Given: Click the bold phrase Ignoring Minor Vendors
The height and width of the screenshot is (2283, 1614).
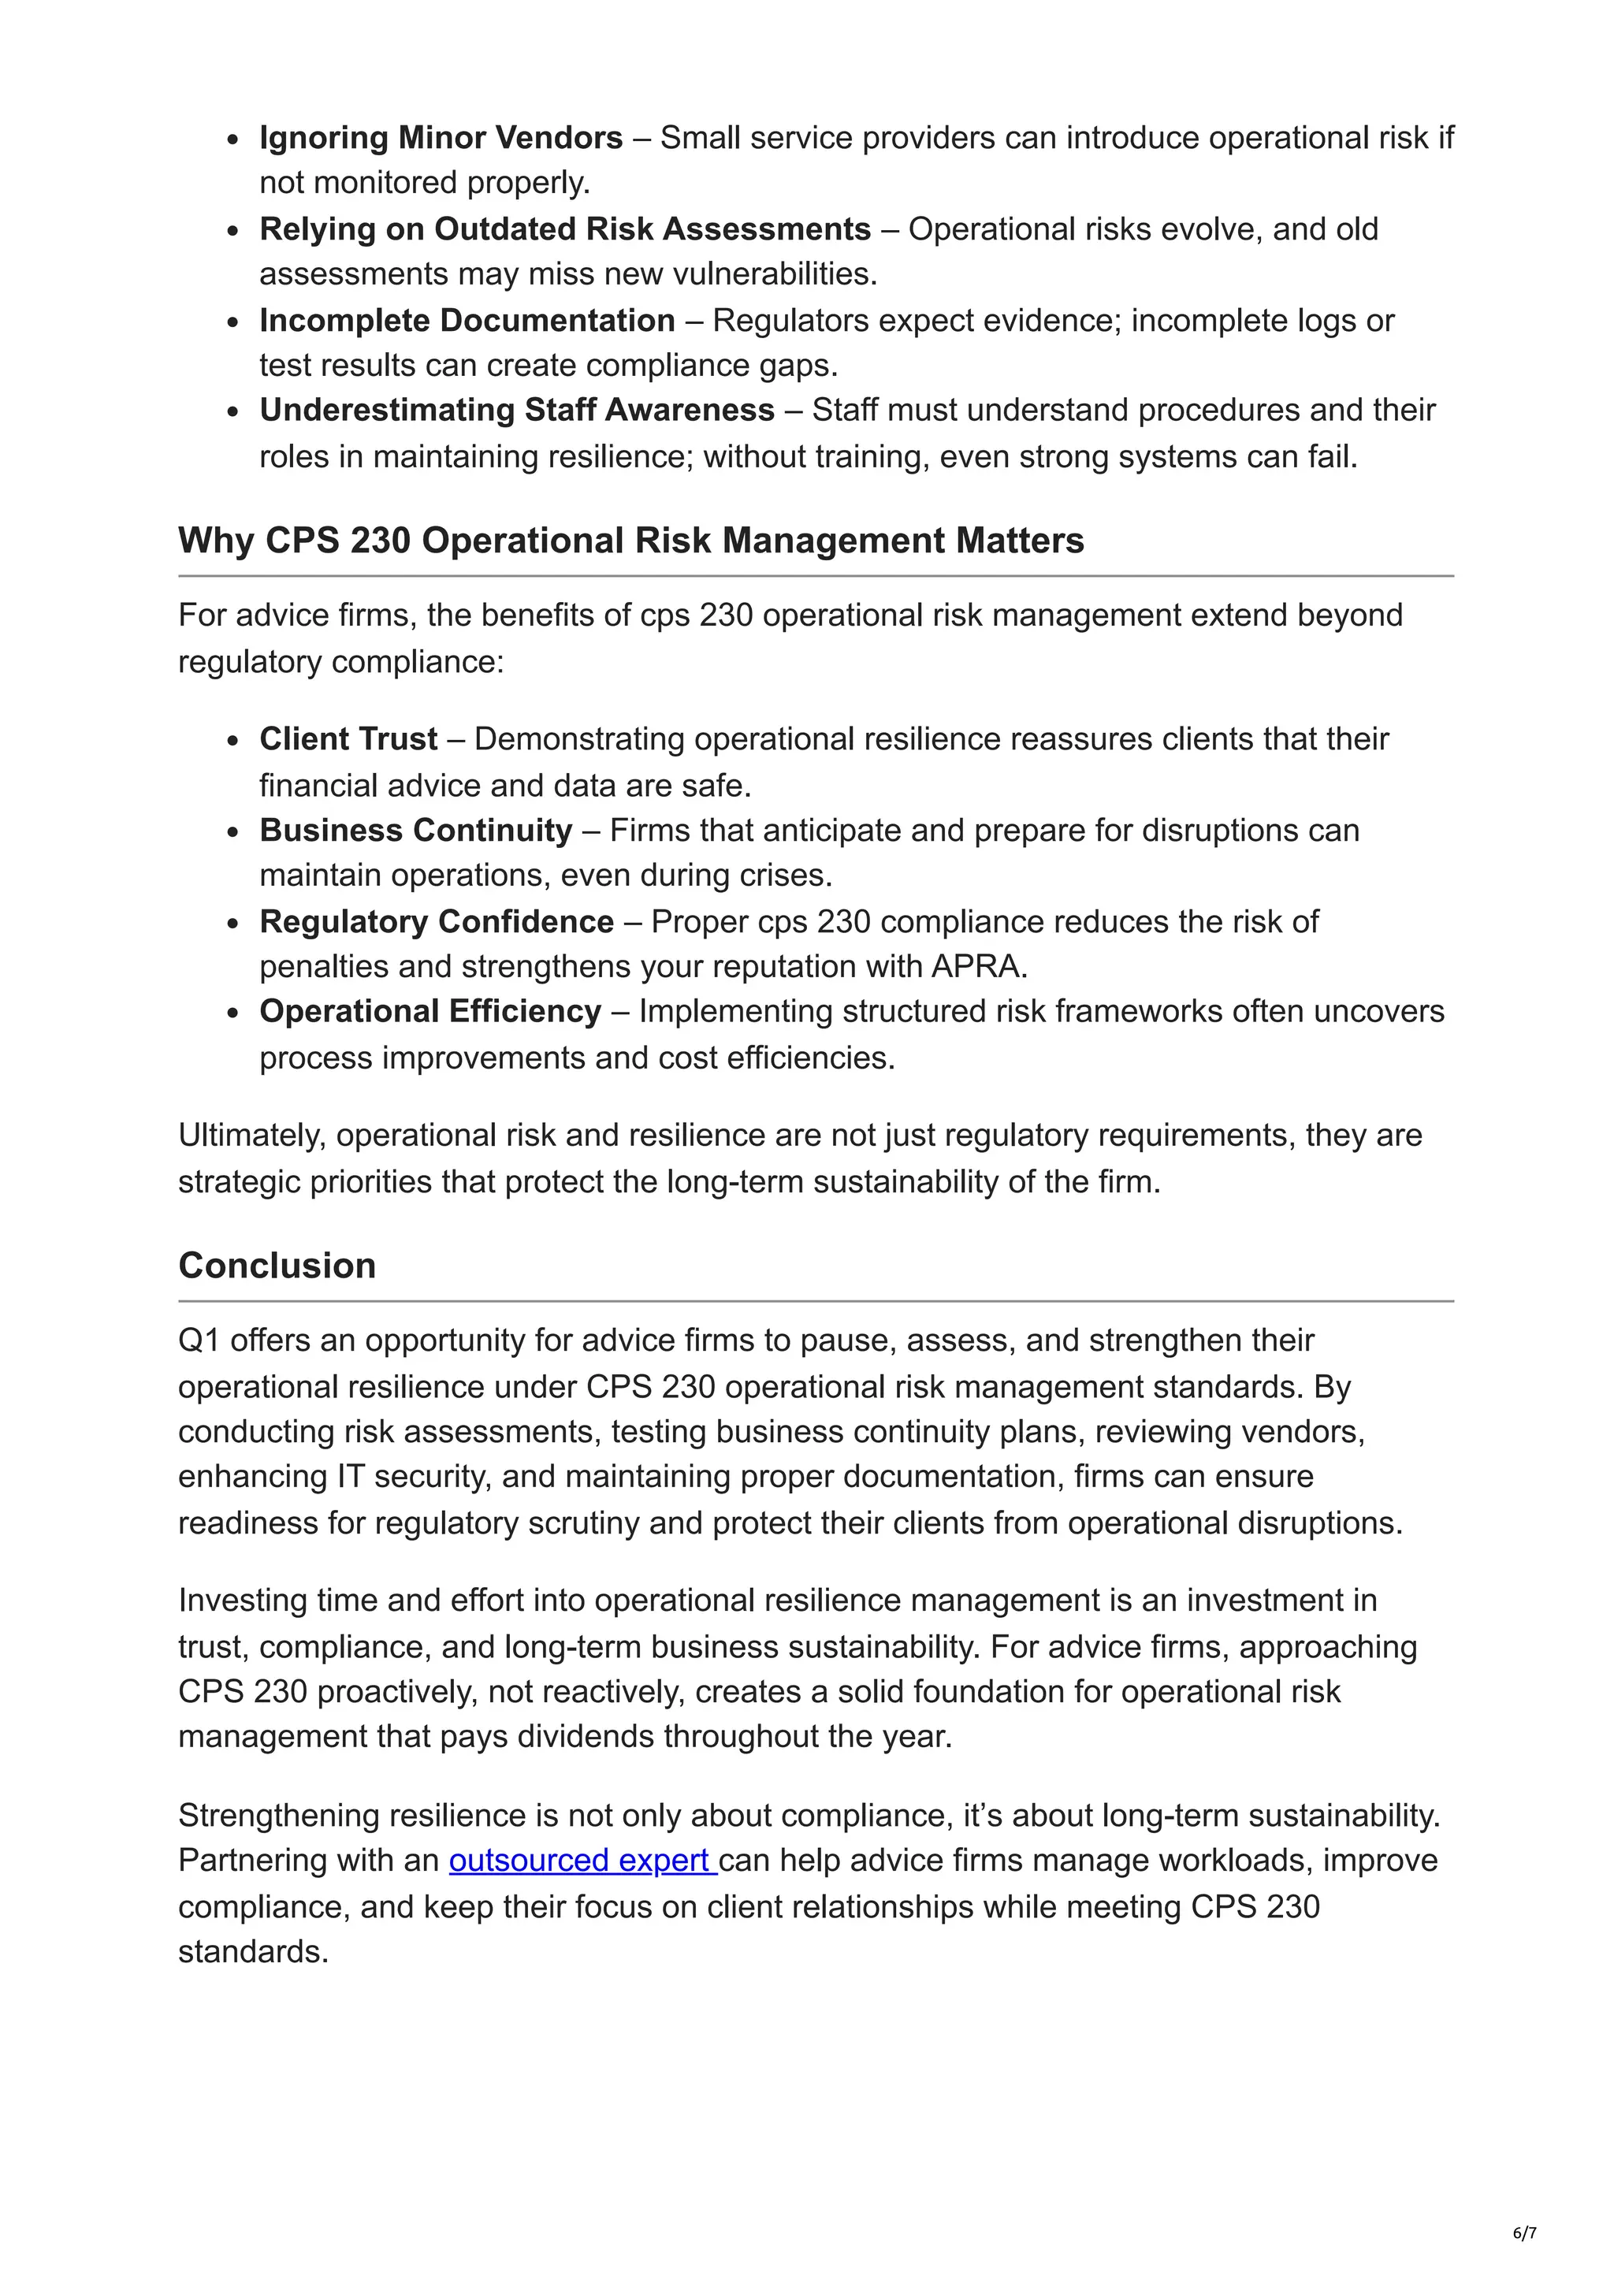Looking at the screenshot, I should [441, 137].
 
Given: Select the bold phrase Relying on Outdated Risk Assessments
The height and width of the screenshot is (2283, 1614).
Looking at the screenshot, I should [565, 229].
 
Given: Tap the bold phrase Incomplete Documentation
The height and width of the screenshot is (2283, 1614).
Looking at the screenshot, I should [467, 320].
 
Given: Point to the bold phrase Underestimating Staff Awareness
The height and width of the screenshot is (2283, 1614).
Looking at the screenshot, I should [516, 410].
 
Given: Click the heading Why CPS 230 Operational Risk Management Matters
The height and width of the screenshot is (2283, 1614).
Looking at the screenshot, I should [630, 540].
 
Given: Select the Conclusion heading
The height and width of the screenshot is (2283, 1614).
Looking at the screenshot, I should [277, 1265].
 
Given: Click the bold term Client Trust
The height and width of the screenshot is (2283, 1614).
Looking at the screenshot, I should [348, 738].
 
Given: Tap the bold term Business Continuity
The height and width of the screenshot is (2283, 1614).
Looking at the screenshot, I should [415, 831].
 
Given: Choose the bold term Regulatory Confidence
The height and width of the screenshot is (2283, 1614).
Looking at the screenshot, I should [436, 922].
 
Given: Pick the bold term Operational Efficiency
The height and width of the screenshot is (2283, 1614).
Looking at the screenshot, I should [430, 1011].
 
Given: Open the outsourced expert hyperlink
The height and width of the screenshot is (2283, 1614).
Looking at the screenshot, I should [582, 1861].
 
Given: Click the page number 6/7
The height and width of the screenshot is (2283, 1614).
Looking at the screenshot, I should [1524, 2233].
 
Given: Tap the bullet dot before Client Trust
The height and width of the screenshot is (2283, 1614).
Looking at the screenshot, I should [232, 741].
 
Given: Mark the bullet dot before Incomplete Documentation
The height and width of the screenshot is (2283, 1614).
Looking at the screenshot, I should [232, 322].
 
